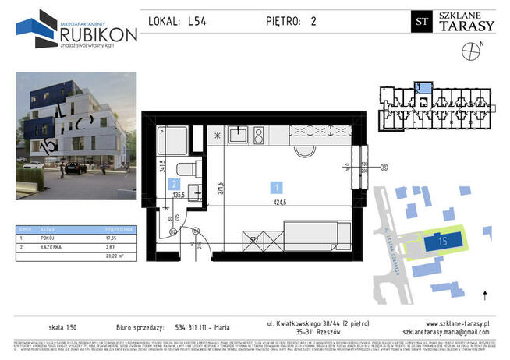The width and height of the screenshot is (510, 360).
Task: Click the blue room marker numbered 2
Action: [x=171, y=184]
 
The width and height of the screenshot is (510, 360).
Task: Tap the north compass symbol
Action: [x=470, y=52]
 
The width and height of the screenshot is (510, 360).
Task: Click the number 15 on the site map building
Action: [x=442, y=241]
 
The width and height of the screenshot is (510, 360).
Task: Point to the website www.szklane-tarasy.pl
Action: [x=458, y=323]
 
